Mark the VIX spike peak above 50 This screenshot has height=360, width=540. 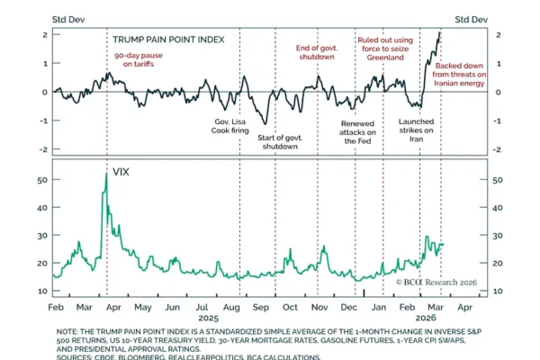(106, 174)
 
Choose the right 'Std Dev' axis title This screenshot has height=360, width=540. (472, 18)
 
